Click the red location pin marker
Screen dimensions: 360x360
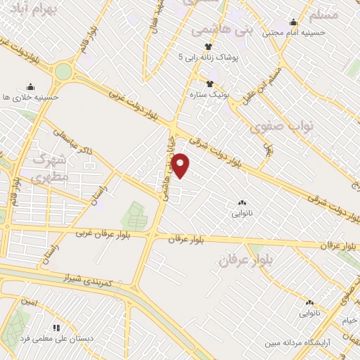pyautogui.click(x=181, y=165)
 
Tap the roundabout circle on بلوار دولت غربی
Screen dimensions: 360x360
pyautogui.click(x=64, y=72)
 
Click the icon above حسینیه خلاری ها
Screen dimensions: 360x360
pyautogui.click(x=30, y=86)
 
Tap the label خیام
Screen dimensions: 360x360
pyautogui.click(x=349, y=321)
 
